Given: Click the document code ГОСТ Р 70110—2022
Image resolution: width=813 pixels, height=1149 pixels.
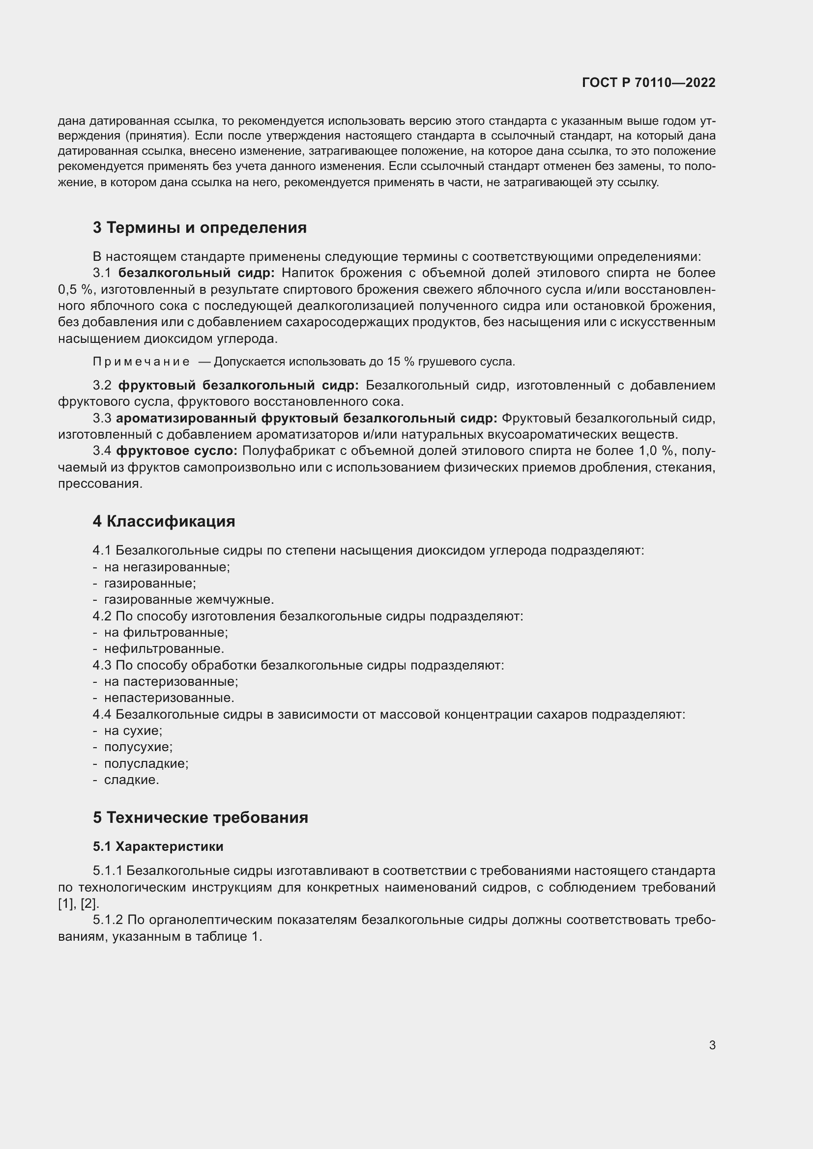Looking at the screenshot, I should click(648, 83).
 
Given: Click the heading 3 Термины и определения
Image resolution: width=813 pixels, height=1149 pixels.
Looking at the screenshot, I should click(199, 228).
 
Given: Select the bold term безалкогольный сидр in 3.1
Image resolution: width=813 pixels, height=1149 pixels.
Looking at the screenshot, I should click(196, 273).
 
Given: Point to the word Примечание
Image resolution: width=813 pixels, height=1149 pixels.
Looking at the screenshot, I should click(141, 362).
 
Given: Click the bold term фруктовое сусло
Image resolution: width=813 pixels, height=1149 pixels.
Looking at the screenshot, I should click(177, 451).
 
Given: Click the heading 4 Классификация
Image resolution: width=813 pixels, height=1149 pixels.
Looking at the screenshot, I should click(164, 522).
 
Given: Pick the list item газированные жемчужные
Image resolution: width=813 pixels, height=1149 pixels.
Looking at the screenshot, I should click(189, 599).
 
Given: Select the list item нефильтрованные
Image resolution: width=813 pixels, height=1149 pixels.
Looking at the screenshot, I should click(164, 649).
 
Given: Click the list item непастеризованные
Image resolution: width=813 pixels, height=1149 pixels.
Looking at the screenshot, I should click(169, 698).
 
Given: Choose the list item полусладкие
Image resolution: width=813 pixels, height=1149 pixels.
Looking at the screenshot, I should click(145, 764).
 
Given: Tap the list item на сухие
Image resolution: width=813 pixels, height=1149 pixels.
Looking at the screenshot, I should click(133, 730).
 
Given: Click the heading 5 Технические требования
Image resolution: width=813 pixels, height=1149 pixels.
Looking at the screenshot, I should click(200, 818).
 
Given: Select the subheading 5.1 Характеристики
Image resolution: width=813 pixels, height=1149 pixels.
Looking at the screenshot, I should click(158, 846).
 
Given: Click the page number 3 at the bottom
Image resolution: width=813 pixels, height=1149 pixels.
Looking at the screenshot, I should click(712, 1045).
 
